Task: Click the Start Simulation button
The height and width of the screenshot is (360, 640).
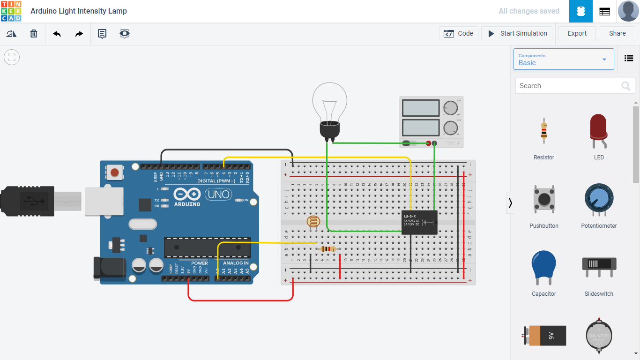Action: [517, 34]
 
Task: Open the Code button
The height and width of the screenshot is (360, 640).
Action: [459, 34]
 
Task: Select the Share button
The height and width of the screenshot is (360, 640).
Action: [617, 34]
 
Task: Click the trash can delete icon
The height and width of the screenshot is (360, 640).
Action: [34, 34]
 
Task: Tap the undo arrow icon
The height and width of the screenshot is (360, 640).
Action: [57, 34]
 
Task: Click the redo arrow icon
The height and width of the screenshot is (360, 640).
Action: [79, 34]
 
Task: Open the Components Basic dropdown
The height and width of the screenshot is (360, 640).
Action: [563, 60]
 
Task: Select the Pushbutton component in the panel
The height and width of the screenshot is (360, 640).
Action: [543, 199]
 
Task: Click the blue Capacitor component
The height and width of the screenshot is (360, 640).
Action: [543, 267]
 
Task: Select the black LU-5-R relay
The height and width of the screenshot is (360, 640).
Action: [419, 222]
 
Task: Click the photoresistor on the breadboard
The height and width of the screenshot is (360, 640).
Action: [313, 222]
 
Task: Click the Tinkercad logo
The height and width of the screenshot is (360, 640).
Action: [11, 11]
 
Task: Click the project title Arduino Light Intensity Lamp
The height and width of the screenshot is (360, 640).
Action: [79, 11]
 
